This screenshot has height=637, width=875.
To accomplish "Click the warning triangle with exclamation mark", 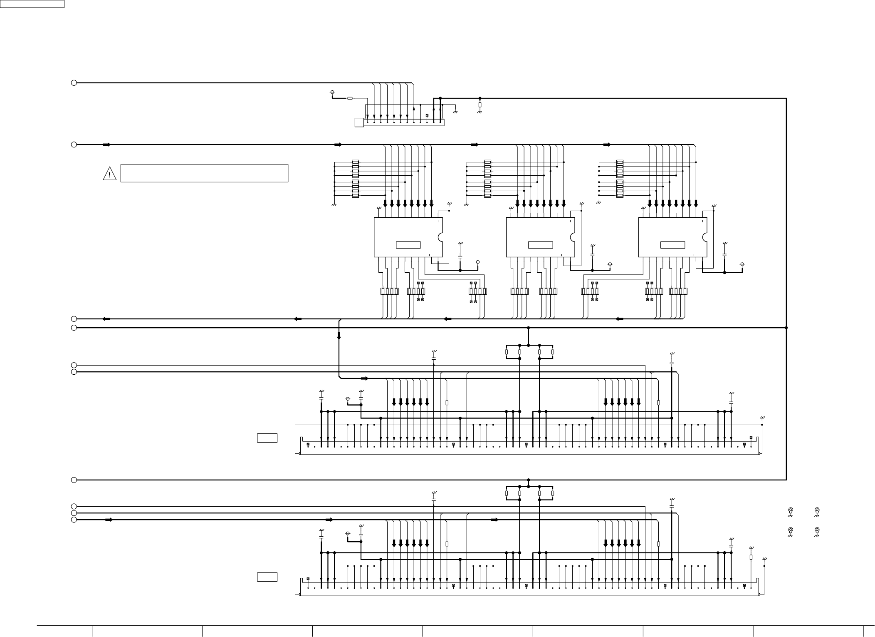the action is (x=109, y=174).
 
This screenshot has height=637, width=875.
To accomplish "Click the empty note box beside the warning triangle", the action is (x=204, y=173).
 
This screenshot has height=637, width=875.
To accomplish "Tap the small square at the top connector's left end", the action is (x=359, y=122).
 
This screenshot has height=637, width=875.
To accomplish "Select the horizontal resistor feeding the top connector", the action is (x=350, y=98).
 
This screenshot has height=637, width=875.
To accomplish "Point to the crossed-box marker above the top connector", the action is (x=427, y=115).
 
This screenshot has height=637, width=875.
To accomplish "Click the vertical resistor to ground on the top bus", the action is (x=480, y=105).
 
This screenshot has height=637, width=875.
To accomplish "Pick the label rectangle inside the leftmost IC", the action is (x=408, y=245).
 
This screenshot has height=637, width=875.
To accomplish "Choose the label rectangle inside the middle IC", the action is (x=540, y=245).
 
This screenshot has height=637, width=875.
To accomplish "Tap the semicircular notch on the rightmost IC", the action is (x=705, y=237).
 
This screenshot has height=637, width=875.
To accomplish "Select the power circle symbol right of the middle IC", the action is (x=610, y=264).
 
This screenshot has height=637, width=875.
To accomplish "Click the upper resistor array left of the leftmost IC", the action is (x=355, y=169).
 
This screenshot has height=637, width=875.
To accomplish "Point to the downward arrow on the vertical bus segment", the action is (x=339, y=336).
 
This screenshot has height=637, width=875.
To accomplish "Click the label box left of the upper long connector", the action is (x=267, y=438).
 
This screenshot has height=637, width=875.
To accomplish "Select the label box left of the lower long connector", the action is (x=267, y=577).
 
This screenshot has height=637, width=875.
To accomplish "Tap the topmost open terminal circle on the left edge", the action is (x=74, y=83).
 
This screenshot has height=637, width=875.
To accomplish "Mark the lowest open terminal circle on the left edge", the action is (x=74, y=520).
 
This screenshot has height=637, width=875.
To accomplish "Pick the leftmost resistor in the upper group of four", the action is (x=506, y=352).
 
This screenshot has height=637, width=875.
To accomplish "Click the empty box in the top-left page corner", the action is (x=32, y=4).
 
